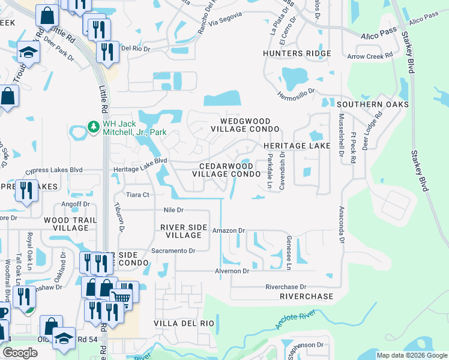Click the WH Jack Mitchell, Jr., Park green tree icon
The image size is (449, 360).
point(94,127)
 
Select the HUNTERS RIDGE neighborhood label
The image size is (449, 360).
point(297,54)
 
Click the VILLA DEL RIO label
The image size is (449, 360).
point(184,323)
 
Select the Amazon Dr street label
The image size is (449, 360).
point(230,230)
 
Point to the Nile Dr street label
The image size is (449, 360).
point(173,210)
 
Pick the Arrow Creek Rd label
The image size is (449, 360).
point(370,56)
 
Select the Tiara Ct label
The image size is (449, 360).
point(136,194)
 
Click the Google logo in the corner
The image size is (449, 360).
point(20,353)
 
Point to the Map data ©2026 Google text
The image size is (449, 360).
point(411,355)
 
